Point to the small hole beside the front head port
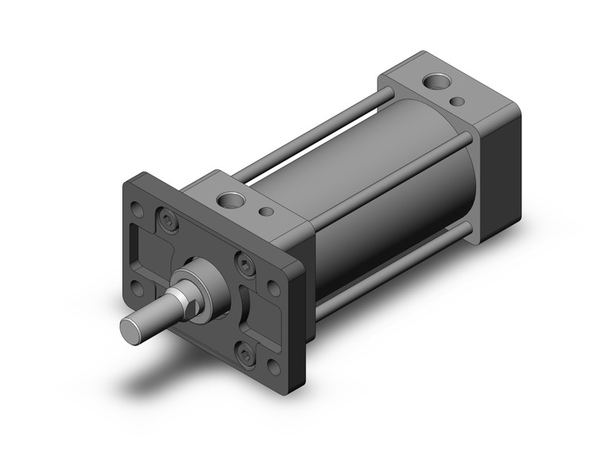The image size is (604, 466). [268, 213]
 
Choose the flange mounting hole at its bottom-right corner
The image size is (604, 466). [274, 367]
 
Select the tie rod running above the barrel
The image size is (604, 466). [318, 135]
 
